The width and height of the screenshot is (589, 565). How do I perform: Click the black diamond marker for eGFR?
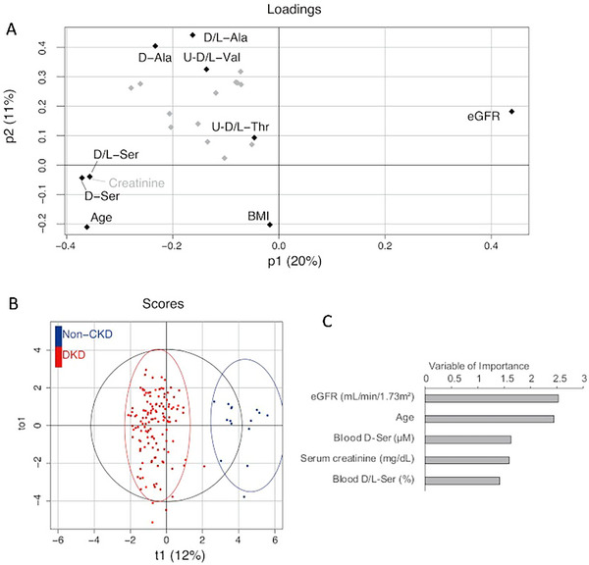[511, 112]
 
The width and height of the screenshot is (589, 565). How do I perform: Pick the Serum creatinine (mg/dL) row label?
[359, 460]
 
